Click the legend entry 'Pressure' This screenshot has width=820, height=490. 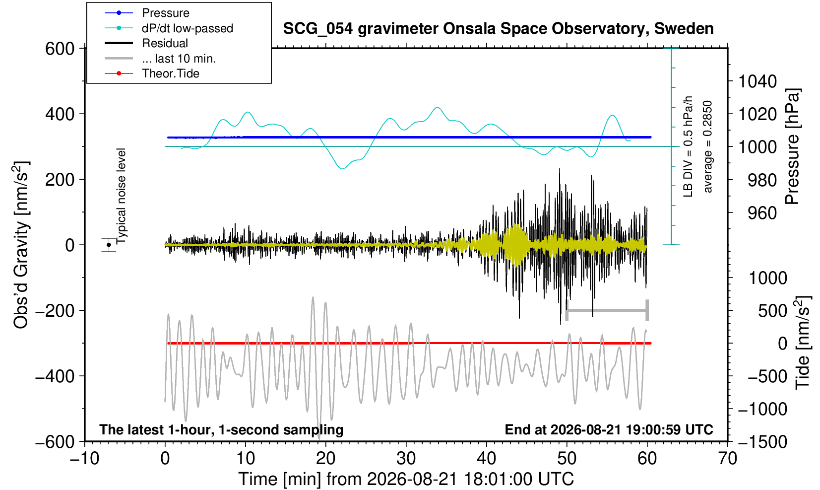pyautogui.click(x=166, y=13)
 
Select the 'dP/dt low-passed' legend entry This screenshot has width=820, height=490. pyautogui.click(x=188, y=28)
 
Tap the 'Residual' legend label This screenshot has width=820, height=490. pyautogui.click(x=165, y=43)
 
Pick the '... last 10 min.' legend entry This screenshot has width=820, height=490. pyautogui.click(x=179, y=59)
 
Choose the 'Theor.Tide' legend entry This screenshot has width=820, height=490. pyautogui.click(x=171, y=73)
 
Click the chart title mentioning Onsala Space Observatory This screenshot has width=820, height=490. pyautogui.click(x=498, y=29)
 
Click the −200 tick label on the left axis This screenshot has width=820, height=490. pyautogui.click(x=55, y=311)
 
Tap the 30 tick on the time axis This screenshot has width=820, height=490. pyautogui.click(x=406, y=458)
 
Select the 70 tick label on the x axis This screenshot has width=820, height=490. pyautogui.click(x=727, y=458)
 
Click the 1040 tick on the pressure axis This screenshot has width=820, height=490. pyautogui.click(x=757, y=81)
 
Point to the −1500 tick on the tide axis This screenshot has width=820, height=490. pyautogui.click(x=762, y=442)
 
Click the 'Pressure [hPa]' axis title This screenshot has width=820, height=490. pyautogui.click(x=793, y=146)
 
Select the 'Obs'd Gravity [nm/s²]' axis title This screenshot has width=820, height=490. pyautogui.click(x=21, y=245)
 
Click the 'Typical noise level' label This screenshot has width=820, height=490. pyautogui.click(x=121, y=196)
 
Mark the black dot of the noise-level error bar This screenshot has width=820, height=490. pyautogui.click(x=109, y=245)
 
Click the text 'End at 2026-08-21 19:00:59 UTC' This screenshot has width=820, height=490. pyautogui.click(x=609, y=429)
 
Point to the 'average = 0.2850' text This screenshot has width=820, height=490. pyautogui.click(x=707, y=146)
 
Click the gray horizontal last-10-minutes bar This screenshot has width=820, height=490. pyautogui.click(x=607, y=310)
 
